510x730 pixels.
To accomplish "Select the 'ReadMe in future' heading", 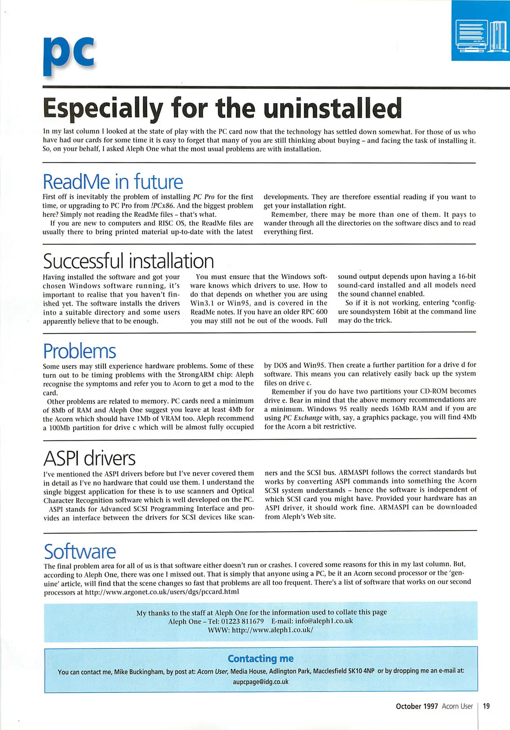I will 113,182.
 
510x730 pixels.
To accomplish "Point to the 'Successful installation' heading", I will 128,261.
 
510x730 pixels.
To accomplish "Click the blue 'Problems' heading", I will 79,351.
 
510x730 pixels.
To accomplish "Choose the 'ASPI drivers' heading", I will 89,459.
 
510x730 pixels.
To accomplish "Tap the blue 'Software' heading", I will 80,552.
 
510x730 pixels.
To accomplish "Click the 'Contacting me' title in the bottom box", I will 260,658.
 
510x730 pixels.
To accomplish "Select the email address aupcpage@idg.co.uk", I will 260,682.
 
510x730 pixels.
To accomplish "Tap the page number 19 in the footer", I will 486,706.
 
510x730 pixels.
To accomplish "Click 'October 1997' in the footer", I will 416,706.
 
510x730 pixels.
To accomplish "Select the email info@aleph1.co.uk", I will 323,621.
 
